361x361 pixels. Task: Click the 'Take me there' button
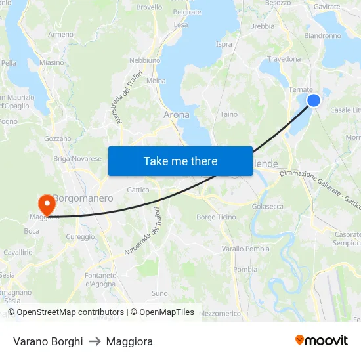(180, 161)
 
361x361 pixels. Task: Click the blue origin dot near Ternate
(314, 100)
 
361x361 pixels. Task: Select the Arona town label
(176, 114)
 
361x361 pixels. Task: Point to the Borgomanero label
(83, 198)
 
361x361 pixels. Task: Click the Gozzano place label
(57, 139)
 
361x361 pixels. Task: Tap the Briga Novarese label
(77, 158)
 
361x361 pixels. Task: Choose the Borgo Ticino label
(216, 217)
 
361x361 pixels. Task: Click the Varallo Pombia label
(245, 249)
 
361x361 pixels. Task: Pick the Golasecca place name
(268, 206)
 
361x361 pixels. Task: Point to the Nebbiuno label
(144, 60)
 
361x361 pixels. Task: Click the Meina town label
(156, 81)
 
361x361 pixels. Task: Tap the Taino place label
(229, 114)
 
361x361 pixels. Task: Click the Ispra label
(224, 45)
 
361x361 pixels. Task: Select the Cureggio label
(80, 236)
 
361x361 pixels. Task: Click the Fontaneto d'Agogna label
(100, 280)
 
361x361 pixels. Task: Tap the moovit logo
(321, 341)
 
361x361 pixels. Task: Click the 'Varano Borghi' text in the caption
(48, 341)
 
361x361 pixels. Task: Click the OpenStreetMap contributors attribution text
(66, 312)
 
